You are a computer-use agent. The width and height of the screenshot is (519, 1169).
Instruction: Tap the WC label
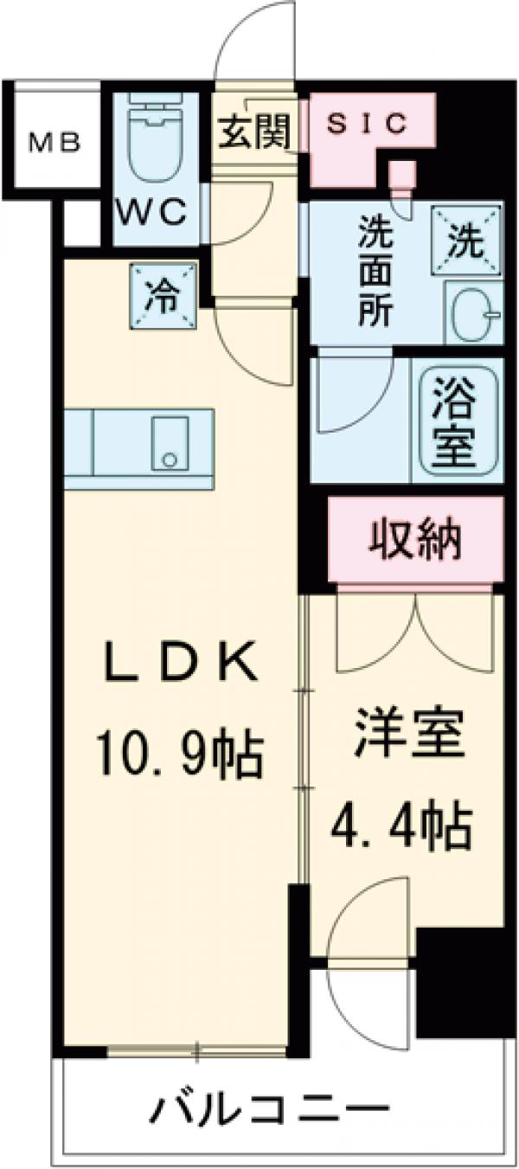click(151, 212)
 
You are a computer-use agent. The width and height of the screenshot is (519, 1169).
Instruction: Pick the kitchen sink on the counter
click(170, 443)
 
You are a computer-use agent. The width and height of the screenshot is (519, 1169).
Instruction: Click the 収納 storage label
click(417, 543)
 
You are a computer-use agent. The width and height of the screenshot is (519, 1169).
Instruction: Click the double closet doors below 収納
click(417, 632)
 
